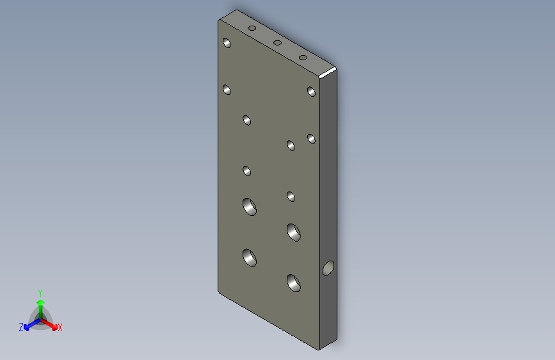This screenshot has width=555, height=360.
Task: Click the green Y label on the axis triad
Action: click(40, 293)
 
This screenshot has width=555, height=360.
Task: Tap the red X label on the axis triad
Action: click(60, 328)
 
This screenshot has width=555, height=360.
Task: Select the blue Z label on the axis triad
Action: click(21, 327)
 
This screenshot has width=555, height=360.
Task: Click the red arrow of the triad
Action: click(49, 325)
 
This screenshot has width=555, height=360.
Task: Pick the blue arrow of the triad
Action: click(32, 324)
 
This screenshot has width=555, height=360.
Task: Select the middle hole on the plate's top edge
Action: click(278, 43)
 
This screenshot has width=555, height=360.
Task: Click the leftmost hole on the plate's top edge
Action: click(252, 28)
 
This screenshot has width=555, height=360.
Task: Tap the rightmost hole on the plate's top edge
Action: click(303, 58)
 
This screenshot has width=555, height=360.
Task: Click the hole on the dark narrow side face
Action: click(328, 268)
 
